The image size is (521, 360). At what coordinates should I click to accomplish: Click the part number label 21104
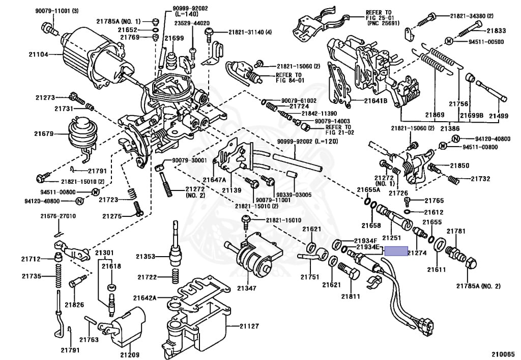click(x=38, y=54)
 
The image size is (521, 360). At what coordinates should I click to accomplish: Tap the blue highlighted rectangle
click(x=396, y=251)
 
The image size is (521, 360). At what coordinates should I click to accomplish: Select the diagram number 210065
click(x=503, y=354)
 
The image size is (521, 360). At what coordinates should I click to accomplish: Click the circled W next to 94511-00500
click(x=449, y=41)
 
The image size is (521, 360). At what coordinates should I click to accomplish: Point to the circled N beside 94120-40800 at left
click(x=79, y=201)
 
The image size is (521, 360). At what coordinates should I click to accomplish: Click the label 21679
click(x=44, y=134)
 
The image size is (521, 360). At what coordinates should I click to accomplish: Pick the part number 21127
click(x=249, y=326)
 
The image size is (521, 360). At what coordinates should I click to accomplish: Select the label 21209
click(x=130, y=355)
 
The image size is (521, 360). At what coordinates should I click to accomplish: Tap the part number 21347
click(x=246, y=288)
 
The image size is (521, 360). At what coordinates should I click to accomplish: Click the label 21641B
click(x=375, y=100)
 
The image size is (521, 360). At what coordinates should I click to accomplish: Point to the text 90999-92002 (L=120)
click(x=308, y=141)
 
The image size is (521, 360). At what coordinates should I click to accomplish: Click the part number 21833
click(x=497, y=31)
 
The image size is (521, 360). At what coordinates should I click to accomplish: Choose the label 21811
click(x=351, y=296)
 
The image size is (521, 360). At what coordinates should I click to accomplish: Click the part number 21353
click(x=146, y=256)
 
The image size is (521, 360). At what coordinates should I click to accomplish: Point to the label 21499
click(x=499, y=116)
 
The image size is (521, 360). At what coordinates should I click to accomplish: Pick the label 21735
click(x=32, y=276)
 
